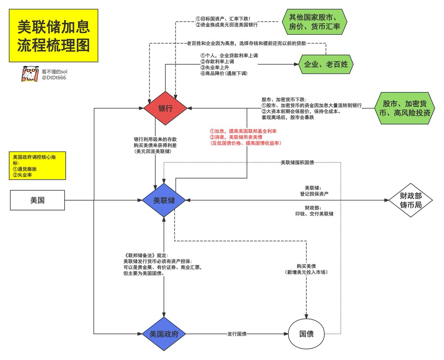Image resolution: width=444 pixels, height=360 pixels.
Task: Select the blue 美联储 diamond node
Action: [x=164, y=201]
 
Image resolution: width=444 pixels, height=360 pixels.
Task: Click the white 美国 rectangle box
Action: [x=37, y=201]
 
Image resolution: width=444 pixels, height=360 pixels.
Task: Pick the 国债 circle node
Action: [x=306, y=334]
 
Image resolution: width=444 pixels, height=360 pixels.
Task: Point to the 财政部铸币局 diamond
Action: [x=411, y=201]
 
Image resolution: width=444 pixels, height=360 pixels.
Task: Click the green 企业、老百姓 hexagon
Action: [x=326, y=65]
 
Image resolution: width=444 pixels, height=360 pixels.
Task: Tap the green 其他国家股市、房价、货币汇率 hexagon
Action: [x=315, y=22]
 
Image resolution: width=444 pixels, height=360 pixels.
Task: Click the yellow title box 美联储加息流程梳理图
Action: [x=53, y=35]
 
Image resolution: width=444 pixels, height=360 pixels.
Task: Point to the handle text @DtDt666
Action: [x=54, y=78]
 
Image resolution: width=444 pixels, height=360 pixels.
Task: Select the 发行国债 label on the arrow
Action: [x=237, y=334]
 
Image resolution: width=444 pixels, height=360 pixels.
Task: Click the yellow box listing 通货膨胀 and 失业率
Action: [x=37, y=166]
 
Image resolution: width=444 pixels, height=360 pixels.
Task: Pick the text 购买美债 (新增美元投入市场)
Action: [x=306, y=269]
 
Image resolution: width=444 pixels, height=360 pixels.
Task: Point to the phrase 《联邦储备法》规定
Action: [x=147, y=255]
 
